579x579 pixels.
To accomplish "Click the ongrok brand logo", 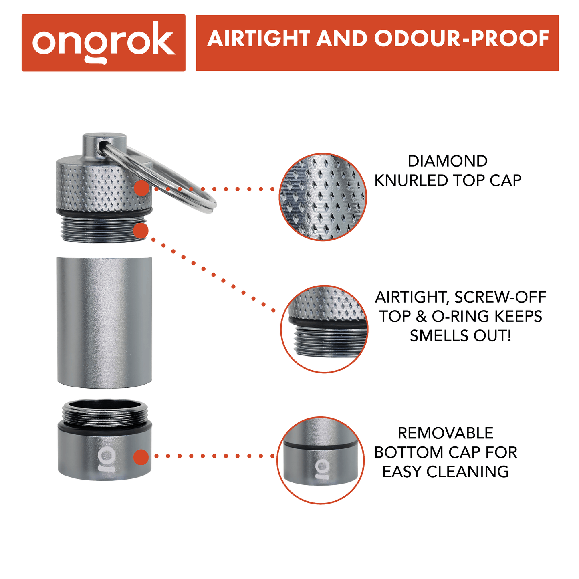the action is (104, 42).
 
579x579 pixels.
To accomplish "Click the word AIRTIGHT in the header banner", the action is (259, 39).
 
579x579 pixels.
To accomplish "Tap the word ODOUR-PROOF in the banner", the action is (462, 39).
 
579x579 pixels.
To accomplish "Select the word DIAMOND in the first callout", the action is (448, 161).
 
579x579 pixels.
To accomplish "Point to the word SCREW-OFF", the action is (500, 297).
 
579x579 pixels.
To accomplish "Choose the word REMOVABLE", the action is (446, 433).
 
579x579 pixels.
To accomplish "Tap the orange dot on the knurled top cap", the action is (142, 188).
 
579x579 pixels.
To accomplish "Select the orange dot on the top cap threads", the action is (141, 230).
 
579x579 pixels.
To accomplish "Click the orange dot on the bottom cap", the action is (141, 457).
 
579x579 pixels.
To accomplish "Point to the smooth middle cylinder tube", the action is (105, 322).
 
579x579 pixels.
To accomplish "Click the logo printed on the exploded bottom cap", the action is (106, 460).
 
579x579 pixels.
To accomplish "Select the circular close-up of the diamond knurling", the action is (323, 197).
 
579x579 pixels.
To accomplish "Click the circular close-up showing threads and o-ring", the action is (324, 329).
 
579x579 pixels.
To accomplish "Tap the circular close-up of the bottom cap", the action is (321, 460).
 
